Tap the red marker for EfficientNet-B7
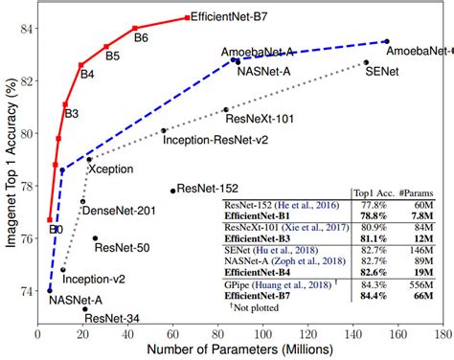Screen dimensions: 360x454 (x=188, y=18)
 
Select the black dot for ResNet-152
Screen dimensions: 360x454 (x=173, y=191)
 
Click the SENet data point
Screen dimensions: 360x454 (x=366, y=62)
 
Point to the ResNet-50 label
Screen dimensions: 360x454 (x=122, y=248)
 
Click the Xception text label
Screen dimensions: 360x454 (x=109, y=168)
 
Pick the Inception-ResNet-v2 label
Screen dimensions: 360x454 (x=213, y=140)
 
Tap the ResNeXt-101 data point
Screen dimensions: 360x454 (x=226, y=110)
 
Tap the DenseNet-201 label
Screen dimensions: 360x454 (x=113, y=210)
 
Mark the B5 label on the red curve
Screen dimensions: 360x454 (x=112, y=56)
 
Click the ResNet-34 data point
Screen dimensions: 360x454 (x=85, y=309)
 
